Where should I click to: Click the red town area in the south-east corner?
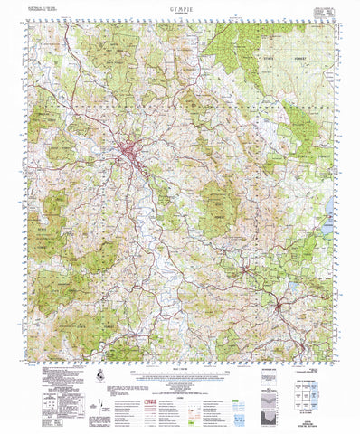(x=281, y=312)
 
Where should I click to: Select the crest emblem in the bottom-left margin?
(x=96, y=374)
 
